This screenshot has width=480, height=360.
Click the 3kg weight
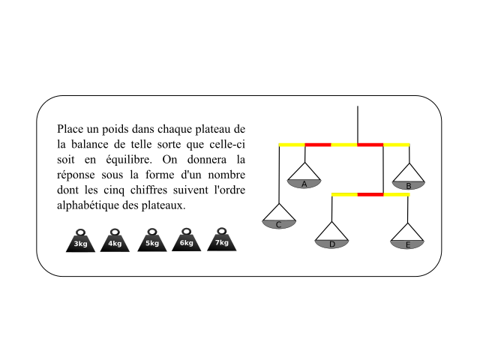(x=80, y=241)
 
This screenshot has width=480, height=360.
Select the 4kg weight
(x=115, y=241)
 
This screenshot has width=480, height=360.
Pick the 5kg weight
(x=152, y=241)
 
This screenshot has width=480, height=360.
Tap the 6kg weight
(x=187, y=240)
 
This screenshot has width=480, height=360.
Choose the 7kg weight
(x=222, y=240)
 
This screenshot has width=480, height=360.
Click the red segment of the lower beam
(x=370, y=195)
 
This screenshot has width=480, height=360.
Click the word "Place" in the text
(x=70, y=129)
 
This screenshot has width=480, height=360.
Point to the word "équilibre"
(x=129, y=160)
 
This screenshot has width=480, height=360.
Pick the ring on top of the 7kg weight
(x=222, y=231)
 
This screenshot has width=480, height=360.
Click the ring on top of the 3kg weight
(x=80, y=232)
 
